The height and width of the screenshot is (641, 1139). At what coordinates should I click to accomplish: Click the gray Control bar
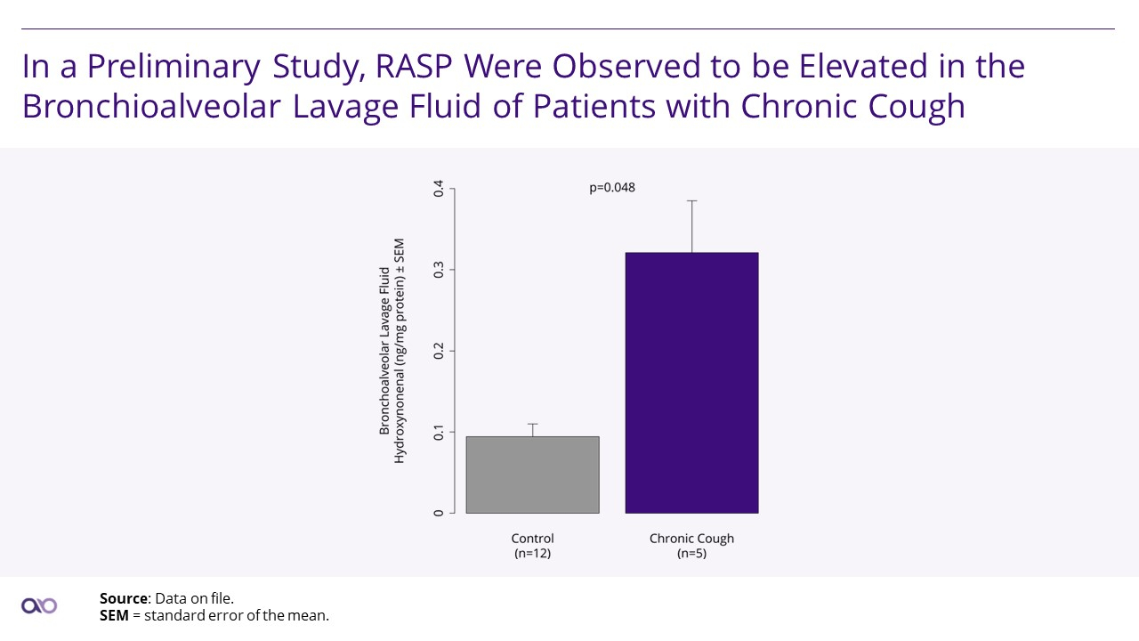532,475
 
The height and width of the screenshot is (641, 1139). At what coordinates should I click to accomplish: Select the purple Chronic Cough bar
691,383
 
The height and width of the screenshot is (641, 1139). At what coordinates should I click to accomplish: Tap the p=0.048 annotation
612,188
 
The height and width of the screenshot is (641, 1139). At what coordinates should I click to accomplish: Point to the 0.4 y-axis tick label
439,189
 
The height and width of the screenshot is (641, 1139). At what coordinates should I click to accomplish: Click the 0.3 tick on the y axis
439,270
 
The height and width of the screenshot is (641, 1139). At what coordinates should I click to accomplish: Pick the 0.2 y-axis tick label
439,351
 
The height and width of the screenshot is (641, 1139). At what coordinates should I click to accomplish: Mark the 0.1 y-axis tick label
439,433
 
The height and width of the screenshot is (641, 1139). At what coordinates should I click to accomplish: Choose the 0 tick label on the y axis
439,514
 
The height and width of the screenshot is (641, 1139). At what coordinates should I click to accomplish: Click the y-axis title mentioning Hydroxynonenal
392,351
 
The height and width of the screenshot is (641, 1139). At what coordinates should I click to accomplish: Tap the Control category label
532,539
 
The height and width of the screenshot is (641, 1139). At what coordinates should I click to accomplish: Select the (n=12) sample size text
532,553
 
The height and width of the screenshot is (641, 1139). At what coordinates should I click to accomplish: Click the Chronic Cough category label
691,539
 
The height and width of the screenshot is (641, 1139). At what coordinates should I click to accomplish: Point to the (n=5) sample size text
691,553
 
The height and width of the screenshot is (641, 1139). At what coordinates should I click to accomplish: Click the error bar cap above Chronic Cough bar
691,201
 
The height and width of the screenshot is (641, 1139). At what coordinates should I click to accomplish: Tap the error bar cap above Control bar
532,424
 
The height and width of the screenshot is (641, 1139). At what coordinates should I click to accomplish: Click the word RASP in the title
414,66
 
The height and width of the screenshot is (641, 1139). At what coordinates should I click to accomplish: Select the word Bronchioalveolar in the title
151,106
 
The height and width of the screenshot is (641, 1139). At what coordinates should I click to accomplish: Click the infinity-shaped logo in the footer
39,606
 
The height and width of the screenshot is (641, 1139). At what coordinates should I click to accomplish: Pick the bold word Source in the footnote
124,598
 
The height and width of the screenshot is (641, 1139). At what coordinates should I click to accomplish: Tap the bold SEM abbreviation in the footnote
114,615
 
